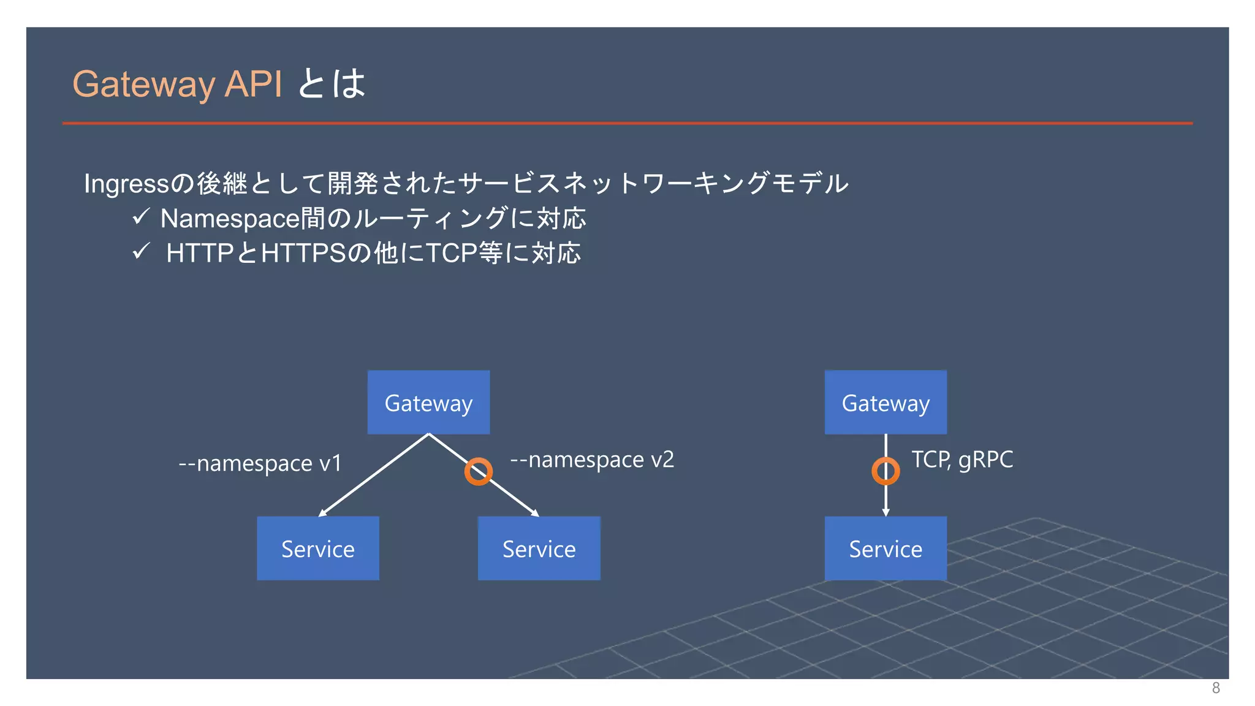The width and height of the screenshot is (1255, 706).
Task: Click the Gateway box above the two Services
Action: [x=428, y=403]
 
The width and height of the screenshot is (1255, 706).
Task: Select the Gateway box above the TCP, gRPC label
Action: [x=885, y=403]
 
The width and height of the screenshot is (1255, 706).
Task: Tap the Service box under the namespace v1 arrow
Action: [x=317, y=548]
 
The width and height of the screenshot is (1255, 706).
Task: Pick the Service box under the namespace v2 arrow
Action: [x=539, y=548]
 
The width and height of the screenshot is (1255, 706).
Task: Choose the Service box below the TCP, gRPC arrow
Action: [x=885, y=548]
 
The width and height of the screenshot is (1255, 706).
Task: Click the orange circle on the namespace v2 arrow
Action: [x=478, y=471]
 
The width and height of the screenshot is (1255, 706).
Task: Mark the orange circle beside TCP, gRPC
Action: [x=885, y=471]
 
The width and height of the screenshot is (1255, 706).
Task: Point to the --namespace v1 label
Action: [x=260, y=463]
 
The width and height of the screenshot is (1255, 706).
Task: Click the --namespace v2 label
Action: [x=592, y=460]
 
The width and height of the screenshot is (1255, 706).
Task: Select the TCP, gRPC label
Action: [x=962, y=460]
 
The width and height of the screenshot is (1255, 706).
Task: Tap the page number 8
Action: [x=1216, y=688]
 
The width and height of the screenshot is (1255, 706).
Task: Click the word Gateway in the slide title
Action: [x=144, y=84]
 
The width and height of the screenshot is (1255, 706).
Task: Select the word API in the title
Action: [x=253, y=84]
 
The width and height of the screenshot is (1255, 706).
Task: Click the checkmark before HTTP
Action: [x=141, y=251]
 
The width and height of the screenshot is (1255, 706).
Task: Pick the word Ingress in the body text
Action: [x=126, y=184]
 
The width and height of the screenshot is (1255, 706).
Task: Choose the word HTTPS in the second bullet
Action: [x=304, y=253]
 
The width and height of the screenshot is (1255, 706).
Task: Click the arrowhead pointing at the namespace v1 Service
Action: [x=322, y=514]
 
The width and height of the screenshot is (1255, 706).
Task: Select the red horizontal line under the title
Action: [x=627, y=123]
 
